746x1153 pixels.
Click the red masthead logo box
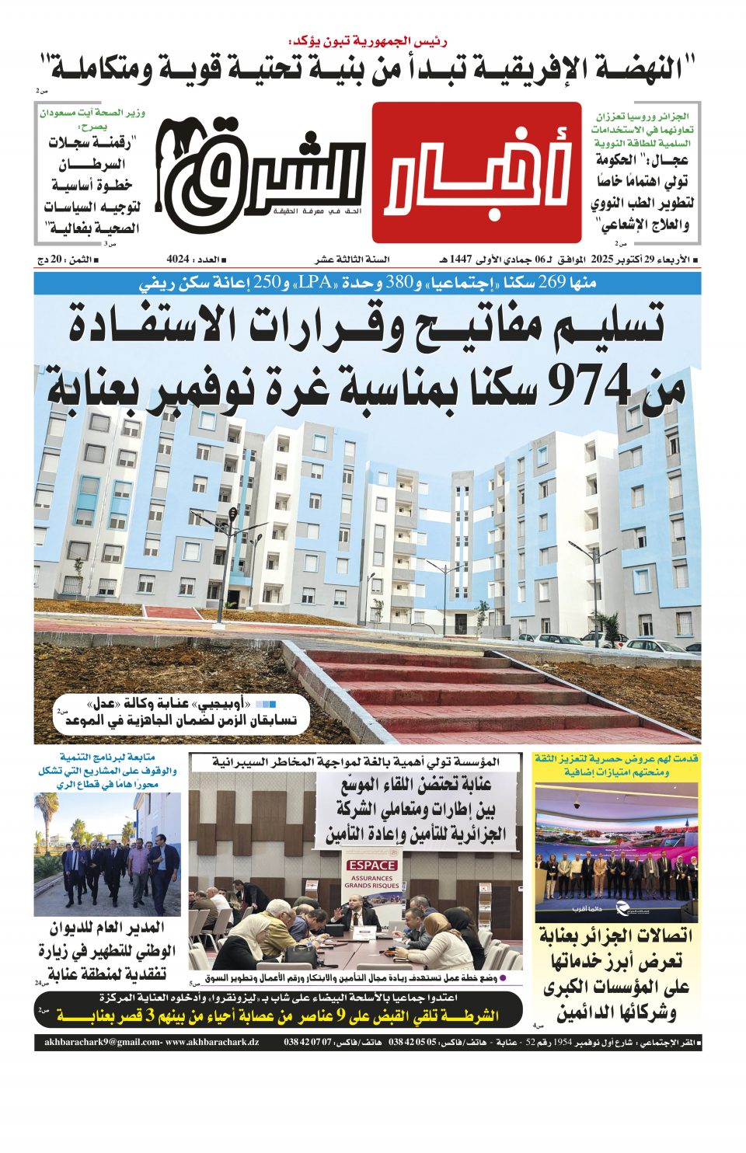point(476,172)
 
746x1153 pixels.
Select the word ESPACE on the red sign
point(371,865)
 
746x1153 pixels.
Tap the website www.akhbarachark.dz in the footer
point(211,1043)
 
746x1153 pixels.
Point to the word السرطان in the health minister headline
point(92,164)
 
